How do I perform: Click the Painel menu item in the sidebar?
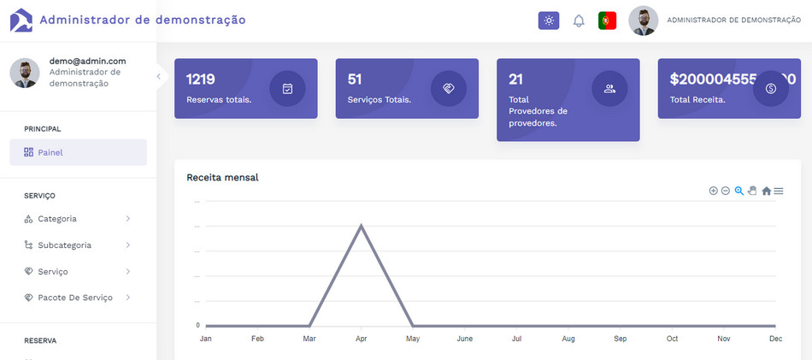[x=50, y=152]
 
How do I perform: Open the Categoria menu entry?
[x=57, y=219]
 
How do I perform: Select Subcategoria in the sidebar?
[x=64, y=245]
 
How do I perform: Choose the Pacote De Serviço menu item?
[x=74, y=298]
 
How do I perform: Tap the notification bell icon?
[x=579, y=21]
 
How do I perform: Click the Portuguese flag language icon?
[x=608, y=21]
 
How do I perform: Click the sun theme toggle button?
[x=548, y=21]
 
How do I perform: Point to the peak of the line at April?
[x=362, y=226]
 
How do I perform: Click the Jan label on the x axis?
[x=205, y=339]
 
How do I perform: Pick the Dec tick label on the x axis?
[x=776, y=339]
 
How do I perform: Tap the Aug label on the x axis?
[x=568, y=339]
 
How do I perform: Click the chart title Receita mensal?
[x=222, y=178]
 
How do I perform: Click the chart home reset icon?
[x=766, y=191]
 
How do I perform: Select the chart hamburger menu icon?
[x=779, y=191]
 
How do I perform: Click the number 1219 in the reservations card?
[x=200, y=80]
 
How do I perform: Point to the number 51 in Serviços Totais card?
[x=355, y=80]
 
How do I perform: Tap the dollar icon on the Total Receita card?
[x=770, y=88]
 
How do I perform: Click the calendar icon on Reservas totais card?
[x=287, y=88]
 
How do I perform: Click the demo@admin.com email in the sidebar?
[x=87, y=61]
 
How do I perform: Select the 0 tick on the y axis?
[x=197, y=326]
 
